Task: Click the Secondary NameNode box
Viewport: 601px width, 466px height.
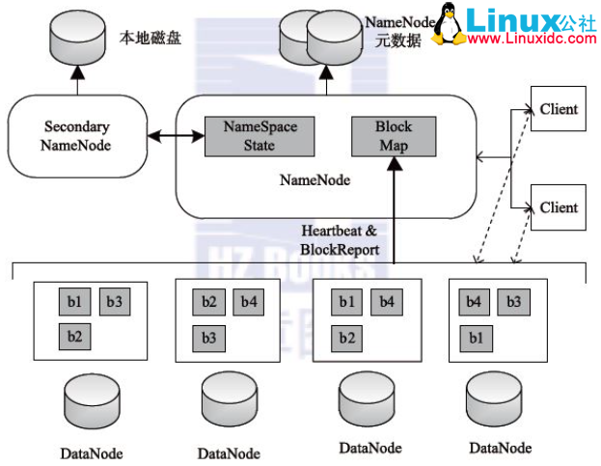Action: tap(76, 137)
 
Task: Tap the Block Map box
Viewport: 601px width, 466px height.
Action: tap(393, 137)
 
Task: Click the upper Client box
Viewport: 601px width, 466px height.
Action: tap(559, 108)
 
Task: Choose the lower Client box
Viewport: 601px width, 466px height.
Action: tap(559, 207)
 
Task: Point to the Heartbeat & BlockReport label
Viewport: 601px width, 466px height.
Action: tap(341, 239)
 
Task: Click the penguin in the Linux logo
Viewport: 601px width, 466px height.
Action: tap(444, 25)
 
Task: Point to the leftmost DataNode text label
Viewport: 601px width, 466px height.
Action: tap(92, 452)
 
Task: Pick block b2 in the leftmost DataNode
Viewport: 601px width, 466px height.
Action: tap(73, 338)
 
